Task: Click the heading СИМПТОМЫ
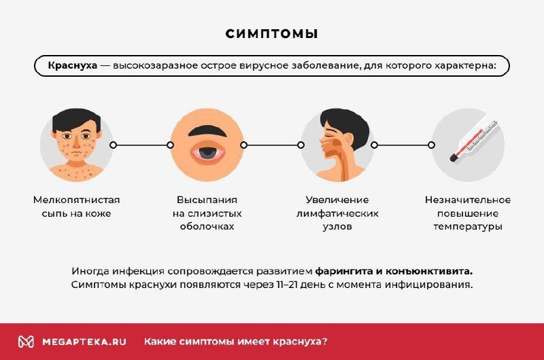click(272, 34)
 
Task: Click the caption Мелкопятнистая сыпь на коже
click(76, 206)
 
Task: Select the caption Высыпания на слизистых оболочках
click(206, 213)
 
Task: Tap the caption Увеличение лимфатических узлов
click(337, 213)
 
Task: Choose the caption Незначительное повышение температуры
click(468, 213)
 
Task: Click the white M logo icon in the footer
click(26, 342)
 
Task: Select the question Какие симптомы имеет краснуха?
click(236, 342)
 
